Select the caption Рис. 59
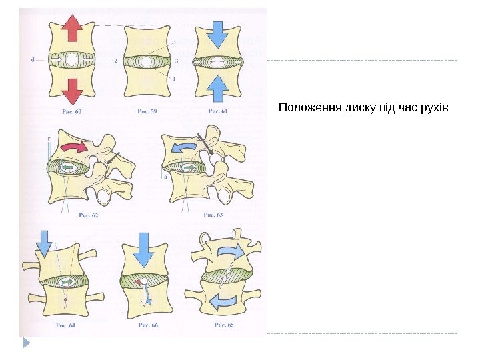pyautogui.click(x=147, y=112)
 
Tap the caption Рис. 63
pyautogui.click(x=213, y=215)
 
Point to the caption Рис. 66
pyautogui.click(x=147, y=325)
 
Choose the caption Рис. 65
pyautogui.click(x=223, y=325)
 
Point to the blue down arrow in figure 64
pyautogui.click(x=44, y=243)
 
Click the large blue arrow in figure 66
pyautogui.click(x=143, y=249)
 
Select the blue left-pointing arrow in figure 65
pyautogui.click(x=223, y=301)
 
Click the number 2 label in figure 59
pyautogui.click(x=115, y=61)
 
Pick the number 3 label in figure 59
pyautogui.click(x=176, y=61)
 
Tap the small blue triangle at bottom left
pyautogui.click(x=27, y=343)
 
